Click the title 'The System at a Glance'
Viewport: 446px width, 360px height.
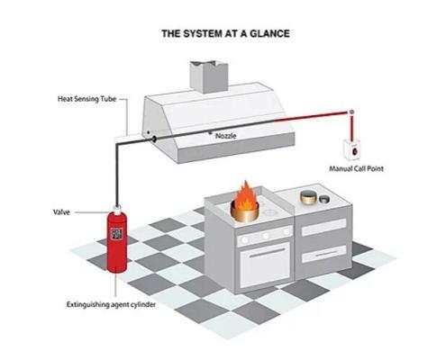(225, 33)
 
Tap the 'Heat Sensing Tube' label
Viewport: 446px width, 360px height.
(86, 99)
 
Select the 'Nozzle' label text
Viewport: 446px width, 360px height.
(226, 136)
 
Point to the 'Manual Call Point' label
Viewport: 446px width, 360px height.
(357, 168)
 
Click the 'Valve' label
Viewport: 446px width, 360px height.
(61, 212)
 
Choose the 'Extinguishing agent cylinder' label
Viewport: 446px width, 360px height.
(111, 304)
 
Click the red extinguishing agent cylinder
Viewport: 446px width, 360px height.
(117, 241)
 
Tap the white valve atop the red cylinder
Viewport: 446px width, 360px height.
(117, 208)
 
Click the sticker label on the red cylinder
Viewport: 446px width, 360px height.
(116, 234)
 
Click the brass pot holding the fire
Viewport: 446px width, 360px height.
(245, 212)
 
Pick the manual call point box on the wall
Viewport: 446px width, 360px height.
(352, 149)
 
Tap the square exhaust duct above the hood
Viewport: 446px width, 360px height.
(208, 76)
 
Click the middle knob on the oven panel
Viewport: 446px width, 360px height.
(266, 236)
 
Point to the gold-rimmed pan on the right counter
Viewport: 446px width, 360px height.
(309, 196)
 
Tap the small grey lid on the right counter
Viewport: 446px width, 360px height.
(324, 199)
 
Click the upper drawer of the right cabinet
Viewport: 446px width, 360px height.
(324, 227)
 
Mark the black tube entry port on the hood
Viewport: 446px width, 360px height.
(154, 139)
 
